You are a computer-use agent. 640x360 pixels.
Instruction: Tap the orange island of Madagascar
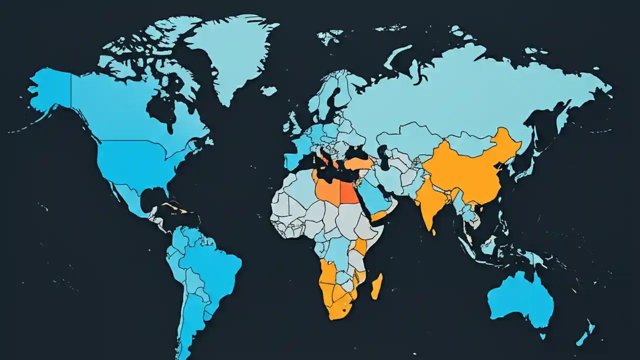[377, 286]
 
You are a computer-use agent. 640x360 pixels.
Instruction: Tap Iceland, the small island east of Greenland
[268, 90]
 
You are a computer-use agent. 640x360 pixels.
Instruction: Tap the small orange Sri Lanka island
[433, 232]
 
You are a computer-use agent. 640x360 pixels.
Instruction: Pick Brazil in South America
[210, 265]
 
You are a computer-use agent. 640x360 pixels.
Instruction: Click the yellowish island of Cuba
[172, 206]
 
